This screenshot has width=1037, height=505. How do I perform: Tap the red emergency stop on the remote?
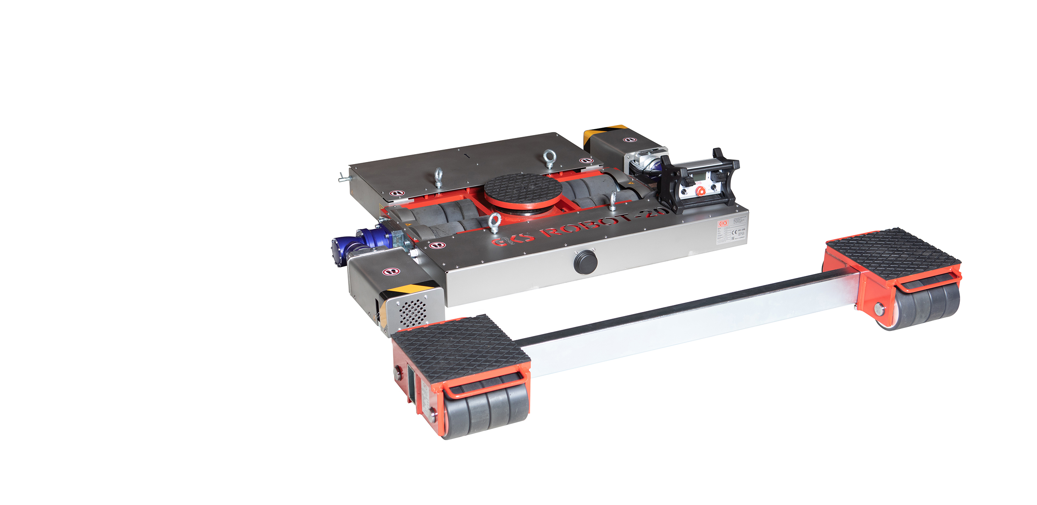[x=701, y=191]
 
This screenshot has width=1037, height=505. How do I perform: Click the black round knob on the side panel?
[x=585, y=262]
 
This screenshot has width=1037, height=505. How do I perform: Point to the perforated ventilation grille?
[x=412, y=312]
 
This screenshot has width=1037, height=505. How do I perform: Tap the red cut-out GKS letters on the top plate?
[x=513, y=239]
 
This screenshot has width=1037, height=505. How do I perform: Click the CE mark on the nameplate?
[x=734, y=232]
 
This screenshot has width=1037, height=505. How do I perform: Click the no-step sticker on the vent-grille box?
[x=391, y=272]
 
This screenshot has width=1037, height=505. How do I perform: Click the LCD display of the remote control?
[x=698, y=177]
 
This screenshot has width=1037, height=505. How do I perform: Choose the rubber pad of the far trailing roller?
[x=892, y=253]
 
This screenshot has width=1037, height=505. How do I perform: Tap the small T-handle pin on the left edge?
[x=344, y=178]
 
